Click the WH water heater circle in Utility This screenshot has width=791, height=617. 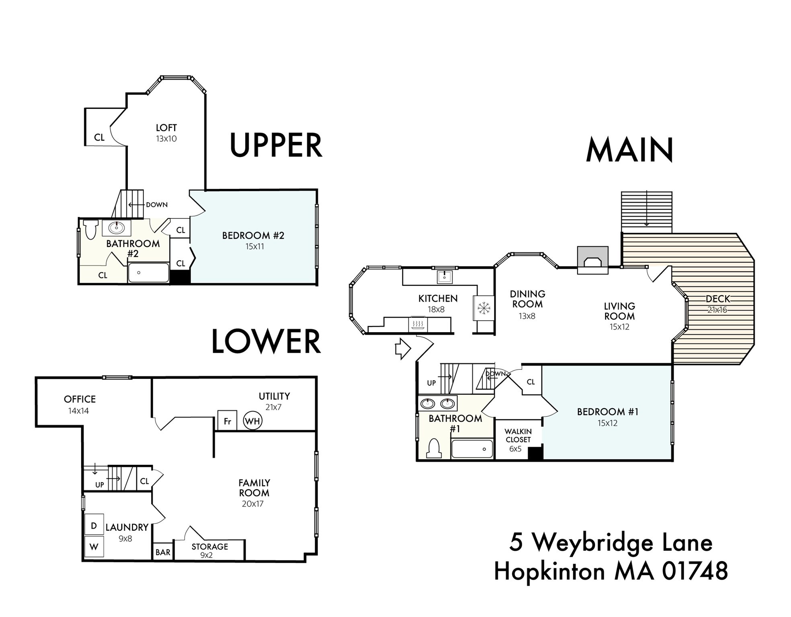coord(252,421)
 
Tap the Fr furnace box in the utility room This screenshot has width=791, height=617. coord(227,421)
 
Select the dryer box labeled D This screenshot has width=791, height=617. coord(94,525)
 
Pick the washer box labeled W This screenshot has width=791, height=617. coord(94,547)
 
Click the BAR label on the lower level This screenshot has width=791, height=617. coord(163,552)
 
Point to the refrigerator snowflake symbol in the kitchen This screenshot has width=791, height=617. coord(484,308)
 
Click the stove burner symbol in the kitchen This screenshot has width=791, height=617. coord(418,324)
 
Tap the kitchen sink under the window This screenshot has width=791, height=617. coord(445,277)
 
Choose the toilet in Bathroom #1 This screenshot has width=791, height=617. coord(433,449)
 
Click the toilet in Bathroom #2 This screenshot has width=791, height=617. coord(91,229)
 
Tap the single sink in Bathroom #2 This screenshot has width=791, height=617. coord(117,228)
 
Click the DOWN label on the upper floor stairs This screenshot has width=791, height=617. coord(157,204)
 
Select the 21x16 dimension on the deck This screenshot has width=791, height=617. coord(717,310)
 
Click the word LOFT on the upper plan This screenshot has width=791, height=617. coord(166,128)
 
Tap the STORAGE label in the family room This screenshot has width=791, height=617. coord(209,546)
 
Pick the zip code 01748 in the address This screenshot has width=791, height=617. coord(695,571)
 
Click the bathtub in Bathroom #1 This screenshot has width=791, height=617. coord(472,449)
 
